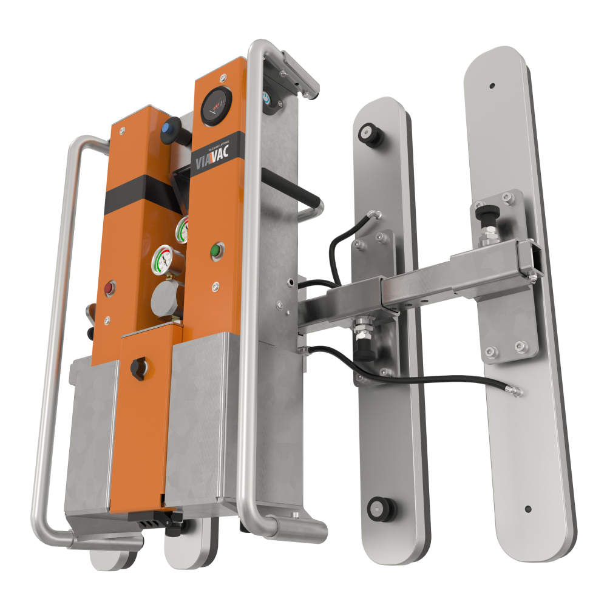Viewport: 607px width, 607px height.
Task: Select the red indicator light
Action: tap(110, 286)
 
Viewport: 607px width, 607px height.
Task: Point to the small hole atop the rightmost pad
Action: tap(492, 86)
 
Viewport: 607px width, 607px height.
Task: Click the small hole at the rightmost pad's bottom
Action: tap(527, 509)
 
